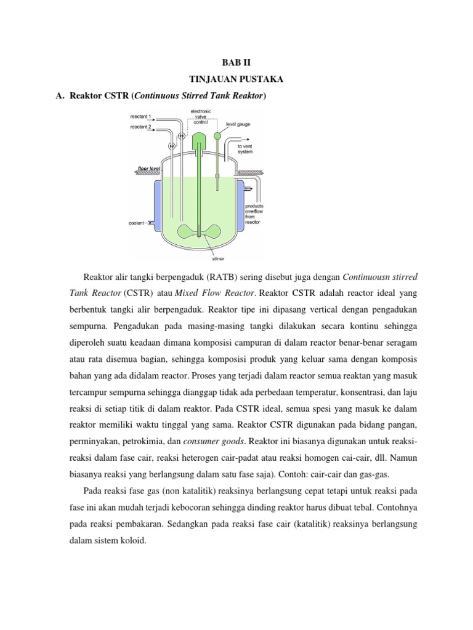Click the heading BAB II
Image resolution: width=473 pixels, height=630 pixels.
point(236,63)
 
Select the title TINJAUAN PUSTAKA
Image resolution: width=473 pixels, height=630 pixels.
point(236,80)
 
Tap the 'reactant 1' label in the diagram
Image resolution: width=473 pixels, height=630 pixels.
point(140,116)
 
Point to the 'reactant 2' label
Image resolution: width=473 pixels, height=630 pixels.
point(140,127)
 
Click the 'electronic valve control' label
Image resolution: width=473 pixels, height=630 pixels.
point(201,117)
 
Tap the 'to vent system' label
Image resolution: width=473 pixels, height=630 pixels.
point(245,148)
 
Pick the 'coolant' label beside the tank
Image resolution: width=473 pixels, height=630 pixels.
point(137,224)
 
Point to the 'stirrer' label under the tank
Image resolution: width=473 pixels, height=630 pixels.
point(219,260)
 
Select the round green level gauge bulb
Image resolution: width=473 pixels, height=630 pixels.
point(217,136)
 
